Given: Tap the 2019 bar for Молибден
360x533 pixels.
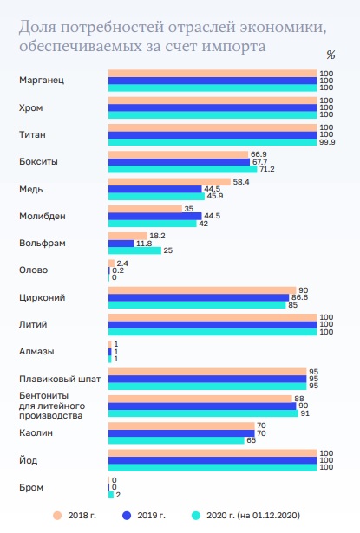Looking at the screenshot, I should (154, 216).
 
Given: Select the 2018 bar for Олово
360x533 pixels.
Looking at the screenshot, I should (111, 263).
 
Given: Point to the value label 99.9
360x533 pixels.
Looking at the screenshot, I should (328, 141).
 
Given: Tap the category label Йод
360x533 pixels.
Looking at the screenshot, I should (27, 459).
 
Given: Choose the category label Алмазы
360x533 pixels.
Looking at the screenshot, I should (36, 351).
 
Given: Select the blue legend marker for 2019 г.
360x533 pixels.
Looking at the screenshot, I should (128, 515).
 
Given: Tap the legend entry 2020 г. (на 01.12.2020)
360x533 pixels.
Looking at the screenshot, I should (248, 515).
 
